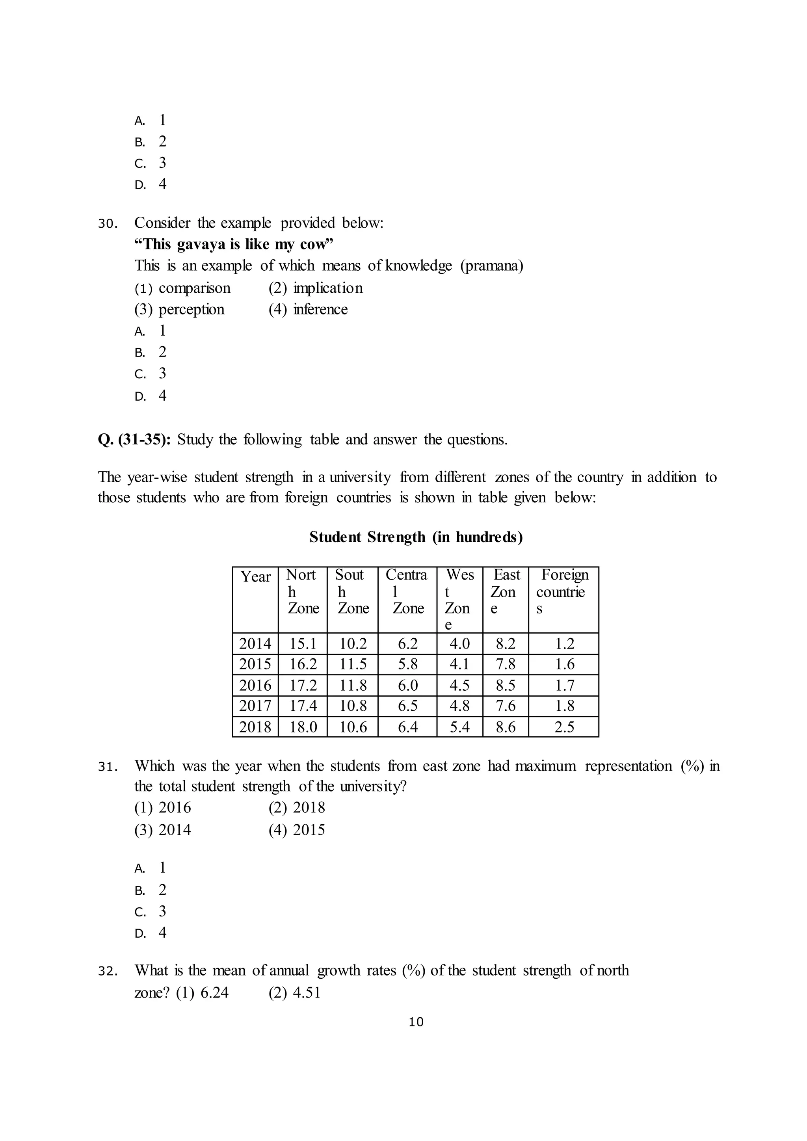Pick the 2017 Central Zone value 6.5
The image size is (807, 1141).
pyautogui.click(x=407, y=706)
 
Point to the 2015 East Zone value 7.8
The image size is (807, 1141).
pyautogui.click(x=506, y=664)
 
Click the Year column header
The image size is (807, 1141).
pyautogui.click(x=255, y=576)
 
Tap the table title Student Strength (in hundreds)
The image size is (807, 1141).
pyautogui.click(x=416, y=537)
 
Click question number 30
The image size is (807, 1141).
pyautogui.click(x=107, y=224)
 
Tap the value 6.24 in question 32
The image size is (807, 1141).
pyautogui.click(x=214, y=992)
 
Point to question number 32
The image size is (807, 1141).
pyautogui.click(x=107, y=972)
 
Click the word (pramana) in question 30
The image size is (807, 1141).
pyautogui.click(x=491, y=266)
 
